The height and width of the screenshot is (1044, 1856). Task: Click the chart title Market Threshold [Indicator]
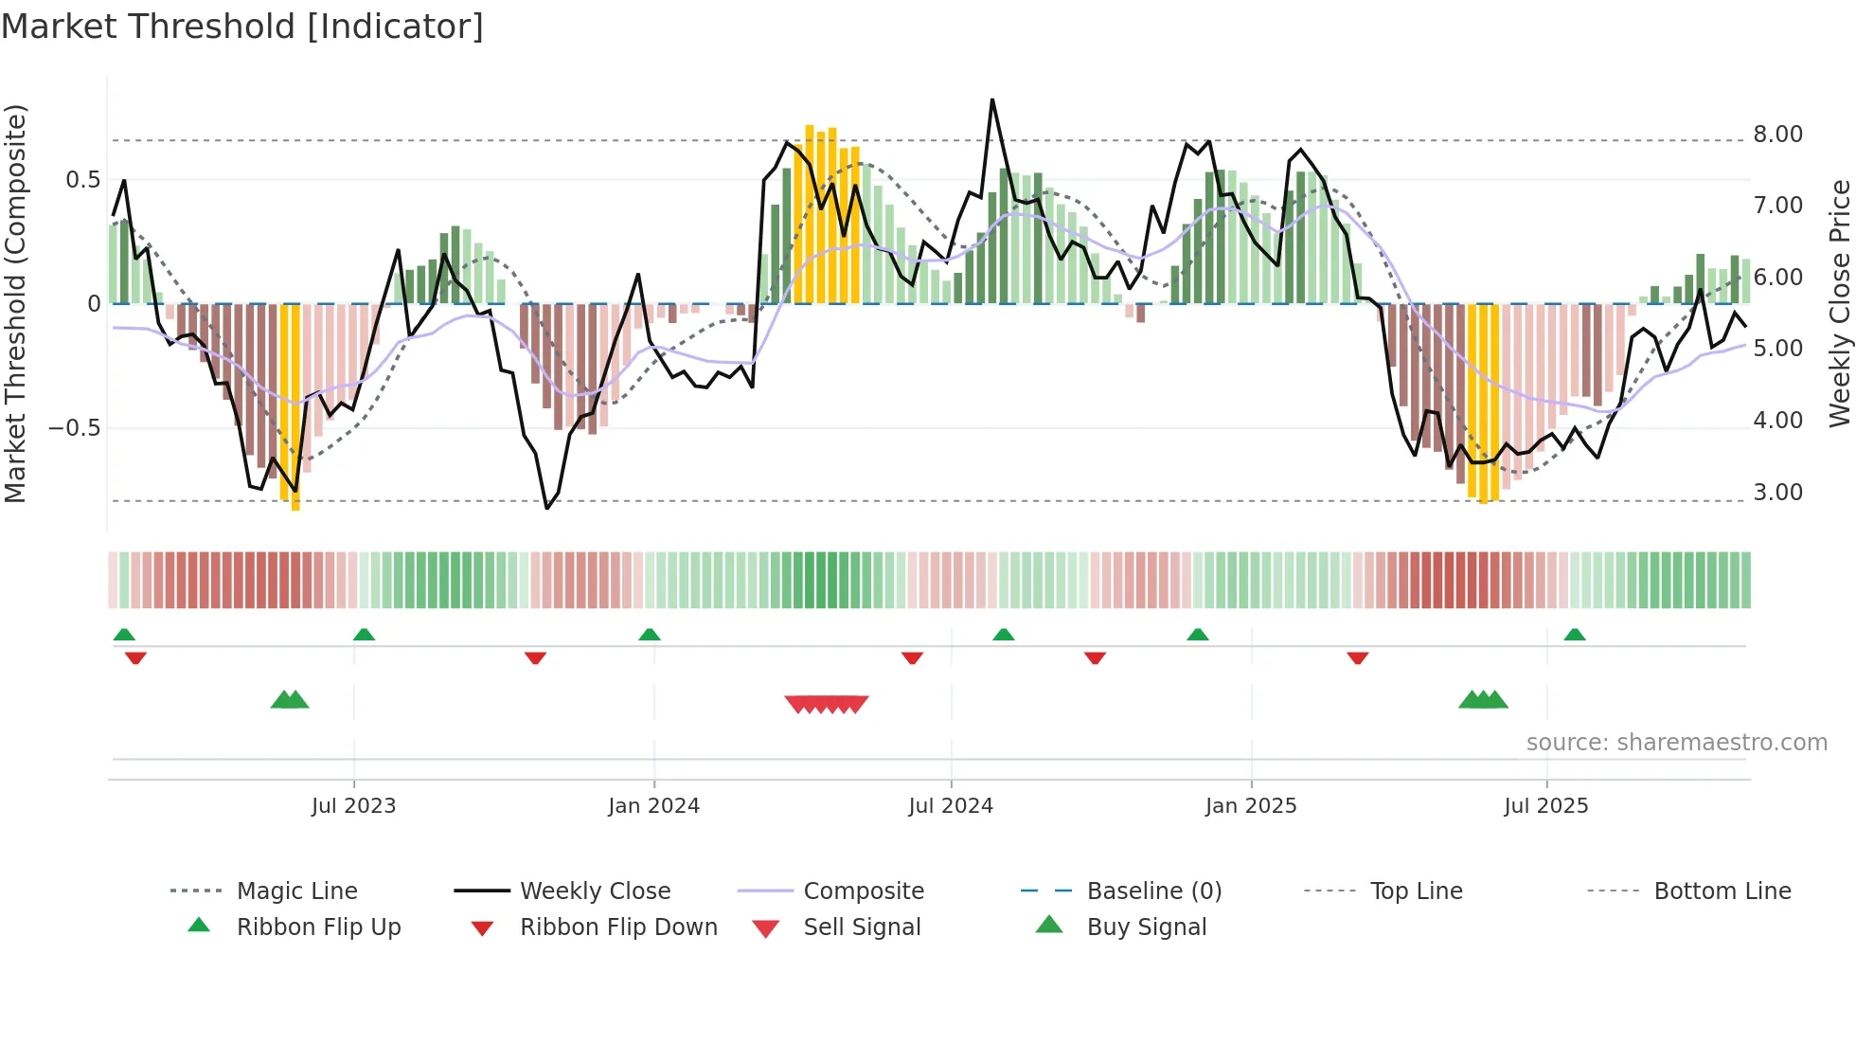tap(242, 27)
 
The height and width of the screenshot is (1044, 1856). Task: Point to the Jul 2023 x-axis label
tap(353, 806)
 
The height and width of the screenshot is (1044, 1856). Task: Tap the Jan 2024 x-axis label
tap(653, 806)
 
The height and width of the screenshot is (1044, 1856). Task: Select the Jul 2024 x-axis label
tap(951, 806)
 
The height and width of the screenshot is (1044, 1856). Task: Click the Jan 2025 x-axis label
tap(1251, 806)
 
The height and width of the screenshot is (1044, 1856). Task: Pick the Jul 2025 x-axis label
tap(1546, 806)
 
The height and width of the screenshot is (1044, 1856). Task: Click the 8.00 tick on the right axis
tap(1777, 135)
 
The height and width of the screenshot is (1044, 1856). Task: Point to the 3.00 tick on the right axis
tap(1777, 493)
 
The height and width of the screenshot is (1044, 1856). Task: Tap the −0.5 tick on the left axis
tap(75, 428)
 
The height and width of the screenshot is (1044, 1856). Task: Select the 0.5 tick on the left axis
tap(82, 180)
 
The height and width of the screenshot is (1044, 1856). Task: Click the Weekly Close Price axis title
tap(1839, 303)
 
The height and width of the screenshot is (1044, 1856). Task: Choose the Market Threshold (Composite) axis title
tap(15, 303)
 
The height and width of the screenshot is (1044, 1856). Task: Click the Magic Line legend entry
tap(296, 891)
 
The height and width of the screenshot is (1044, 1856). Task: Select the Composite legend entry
tap(863, 891)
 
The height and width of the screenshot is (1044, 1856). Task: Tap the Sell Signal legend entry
tap(861, 927)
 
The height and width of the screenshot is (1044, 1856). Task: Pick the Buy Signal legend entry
tap(1146, 927)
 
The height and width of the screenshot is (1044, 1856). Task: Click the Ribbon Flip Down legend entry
tap(617, 927)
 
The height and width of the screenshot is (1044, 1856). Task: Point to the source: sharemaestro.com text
tap(1676, 743)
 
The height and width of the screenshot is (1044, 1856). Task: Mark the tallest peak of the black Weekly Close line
tap(992, 99)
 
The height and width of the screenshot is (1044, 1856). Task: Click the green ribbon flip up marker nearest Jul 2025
tap(1574, 635)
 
